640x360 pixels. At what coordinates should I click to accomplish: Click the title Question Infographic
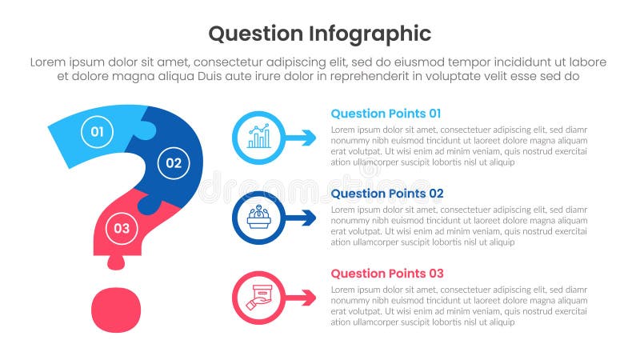click(319, 34)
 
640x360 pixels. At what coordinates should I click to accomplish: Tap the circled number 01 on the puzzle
click(96, 131)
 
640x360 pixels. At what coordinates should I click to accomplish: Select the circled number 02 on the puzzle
click(174, 163)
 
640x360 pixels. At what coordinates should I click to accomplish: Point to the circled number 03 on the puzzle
click(121, 228)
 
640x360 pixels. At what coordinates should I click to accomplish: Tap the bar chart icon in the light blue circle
click(258, 138)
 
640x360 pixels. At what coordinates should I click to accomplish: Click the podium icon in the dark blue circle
click(258, 218)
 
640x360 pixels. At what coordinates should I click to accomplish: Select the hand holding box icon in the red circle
click(258, 298)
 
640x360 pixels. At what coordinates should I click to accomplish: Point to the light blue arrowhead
click(308, 138)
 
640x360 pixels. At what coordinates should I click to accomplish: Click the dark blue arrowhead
click(308, 218)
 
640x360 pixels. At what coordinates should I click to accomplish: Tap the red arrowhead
click(308, 298)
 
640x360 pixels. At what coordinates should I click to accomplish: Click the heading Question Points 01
click(386, 114)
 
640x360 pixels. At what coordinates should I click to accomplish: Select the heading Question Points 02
click(386, 194)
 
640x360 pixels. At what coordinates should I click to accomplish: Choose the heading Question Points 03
click(386, 274)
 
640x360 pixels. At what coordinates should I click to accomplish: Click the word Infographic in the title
click(369, 34)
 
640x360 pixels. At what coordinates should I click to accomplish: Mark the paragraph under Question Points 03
click(458, 305)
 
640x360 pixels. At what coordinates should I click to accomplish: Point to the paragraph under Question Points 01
click(458, 145)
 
